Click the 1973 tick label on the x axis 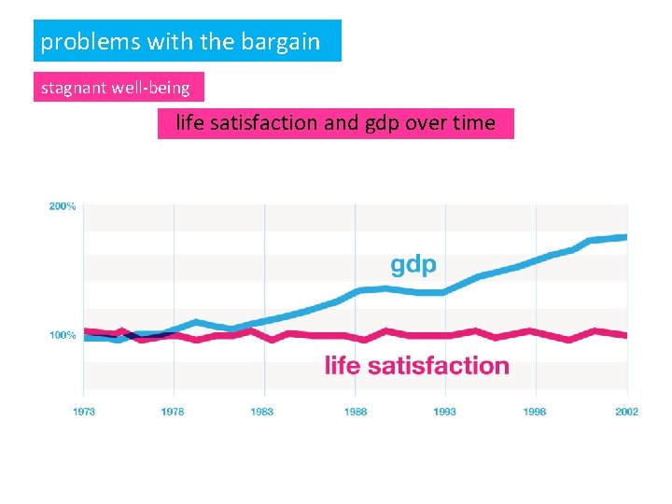coord(84,412)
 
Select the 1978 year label coord(174,412)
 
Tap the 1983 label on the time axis coord(264,412)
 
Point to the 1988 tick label coord(355,412)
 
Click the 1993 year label coord(445,412)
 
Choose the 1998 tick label coord(535,412)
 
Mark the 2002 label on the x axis coord(626,412)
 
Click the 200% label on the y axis coord(63,206)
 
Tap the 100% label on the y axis coord(63,335)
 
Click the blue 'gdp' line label coord(413,265)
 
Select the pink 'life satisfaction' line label coord(416,365)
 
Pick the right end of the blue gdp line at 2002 coord(625,237)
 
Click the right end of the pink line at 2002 coord(625,335)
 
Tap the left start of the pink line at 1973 coord(86,330)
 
